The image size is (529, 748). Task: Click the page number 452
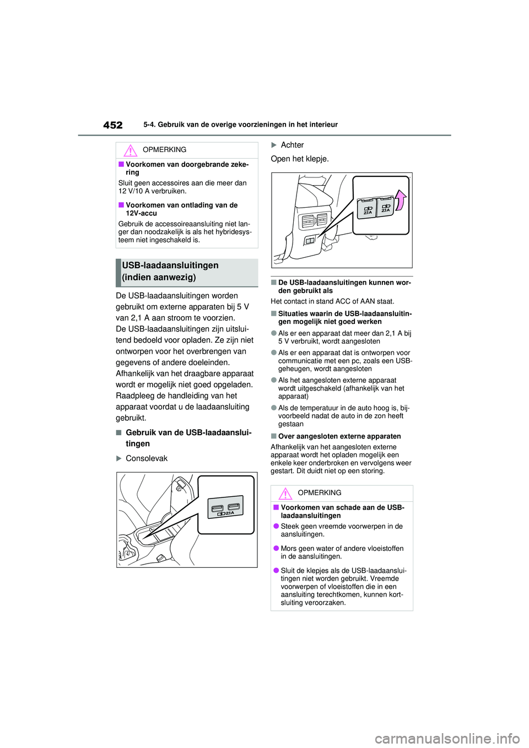(113, 125)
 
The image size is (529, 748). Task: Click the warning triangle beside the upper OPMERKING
(130, 150)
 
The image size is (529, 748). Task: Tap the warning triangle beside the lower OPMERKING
(285, 493)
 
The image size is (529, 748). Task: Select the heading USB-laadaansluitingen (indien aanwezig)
(170, 272)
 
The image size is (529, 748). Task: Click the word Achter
(292, 145)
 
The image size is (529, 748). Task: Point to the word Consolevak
(147, 458)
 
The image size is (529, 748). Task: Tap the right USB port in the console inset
(233, 506)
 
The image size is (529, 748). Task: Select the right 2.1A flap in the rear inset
(385, 207)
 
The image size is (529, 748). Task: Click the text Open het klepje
(300, 159)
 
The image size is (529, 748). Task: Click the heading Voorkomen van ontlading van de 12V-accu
(181, 209)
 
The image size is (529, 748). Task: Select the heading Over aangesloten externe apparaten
(339, 436)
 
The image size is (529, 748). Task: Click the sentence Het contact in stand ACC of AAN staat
(332, 301)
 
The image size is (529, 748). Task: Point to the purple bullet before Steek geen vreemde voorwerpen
(276, 527)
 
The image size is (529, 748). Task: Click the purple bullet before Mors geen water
(276, 549)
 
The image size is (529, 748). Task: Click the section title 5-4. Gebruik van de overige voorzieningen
(240, 125)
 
